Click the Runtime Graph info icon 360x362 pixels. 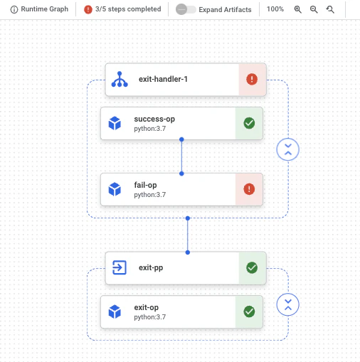click(x=14, y=9)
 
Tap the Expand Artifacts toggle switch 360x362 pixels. click(x=186, y=9)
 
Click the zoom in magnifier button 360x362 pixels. click(x=297, y=9)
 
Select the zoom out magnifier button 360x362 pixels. click(x=314, y=9)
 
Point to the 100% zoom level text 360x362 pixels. click(x=275, y=9)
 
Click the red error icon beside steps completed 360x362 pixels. click(x=88, y=9)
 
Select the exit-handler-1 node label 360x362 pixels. click(x=163, y=79)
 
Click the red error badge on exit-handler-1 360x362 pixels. click(x=252, y=79)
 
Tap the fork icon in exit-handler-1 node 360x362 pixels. click(x=120, y=79)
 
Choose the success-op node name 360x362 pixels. click(x=154, y=119)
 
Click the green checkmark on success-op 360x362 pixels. click(x=249, y=123)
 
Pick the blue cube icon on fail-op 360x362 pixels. click(x=115, y=189)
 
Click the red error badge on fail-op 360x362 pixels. click(x=249, y=189)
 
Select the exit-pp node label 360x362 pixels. click(x=151, y=267)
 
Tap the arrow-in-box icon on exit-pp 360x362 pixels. click(x=120, y=267)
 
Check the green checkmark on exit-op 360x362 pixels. click(x=249, y=312)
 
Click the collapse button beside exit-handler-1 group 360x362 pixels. click(x=288, y=149)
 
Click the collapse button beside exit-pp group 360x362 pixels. click(x=288, y=304)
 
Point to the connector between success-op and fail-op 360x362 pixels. click(x=181, y=156)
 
